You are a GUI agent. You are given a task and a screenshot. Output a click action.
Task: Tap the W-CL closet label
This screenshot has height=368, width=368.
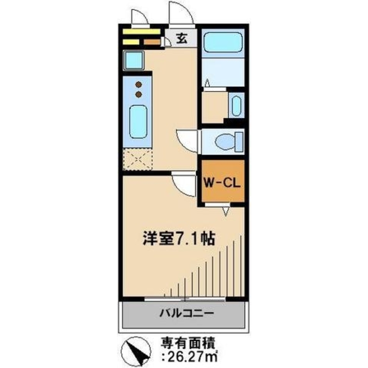[x=222, y=182]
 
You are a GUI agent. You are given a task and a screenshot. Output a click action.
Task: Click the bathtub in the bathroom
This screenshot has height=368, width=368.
[x=222, y=42]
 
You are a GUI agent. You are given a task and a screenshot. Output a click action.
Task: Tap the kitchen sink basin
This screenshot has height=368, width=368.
[x=138, y=121]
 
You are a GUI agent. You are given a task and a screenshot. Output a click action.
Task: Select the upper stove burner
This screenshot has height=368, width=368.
[x=139, y=85]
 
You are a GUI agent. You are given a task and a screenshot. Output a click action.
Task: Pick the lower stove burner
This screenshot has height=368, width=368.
[x=139, y=94]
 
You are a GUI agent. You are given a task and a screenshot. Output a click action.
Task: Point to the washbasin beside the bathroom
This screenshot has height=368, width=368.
[x=235, y=105]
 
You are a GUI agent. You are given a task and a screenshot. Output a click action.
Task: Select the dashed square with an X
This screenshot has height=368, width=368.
[x=137, y=159]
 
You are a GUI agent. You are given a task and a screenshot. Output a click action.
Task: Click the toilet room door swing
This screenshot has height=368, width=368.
[x=188, y=140]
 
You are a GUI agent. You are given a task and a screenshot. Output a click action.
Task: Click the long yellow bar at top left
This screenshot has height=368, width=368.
[x=141, y=32]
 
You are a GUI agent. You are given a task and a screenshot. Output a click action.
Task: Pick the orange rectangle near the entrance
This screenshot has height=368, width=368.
[x=151, y=42]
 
